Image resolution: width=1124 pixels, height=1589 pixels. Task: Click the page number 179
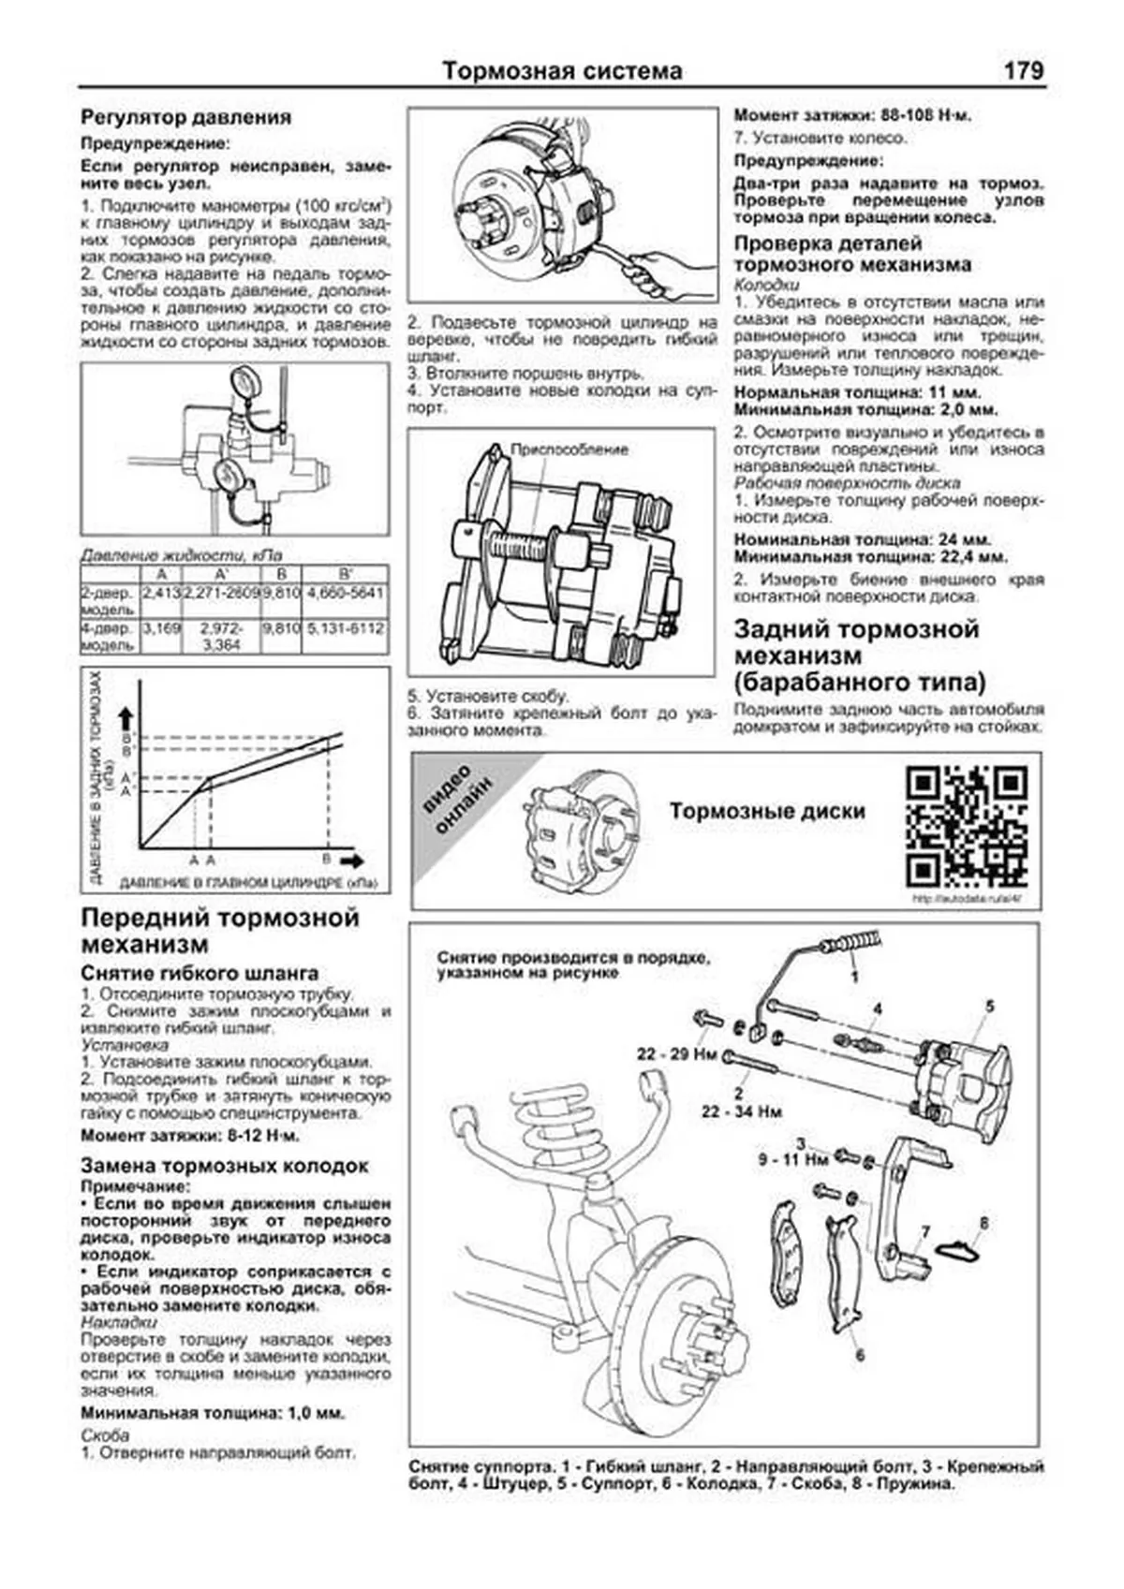[1023, 70]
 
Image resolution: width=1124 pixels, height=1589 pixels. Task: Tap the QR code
[967, 826]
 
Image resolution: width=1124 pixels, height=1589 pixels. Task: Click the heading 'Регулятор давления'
[185, 118]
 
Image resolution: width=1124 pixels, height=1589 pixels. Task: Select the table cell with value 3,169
[161, 628]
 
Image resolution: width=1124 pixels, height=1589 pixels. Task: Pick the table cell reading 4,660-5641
[345, 594]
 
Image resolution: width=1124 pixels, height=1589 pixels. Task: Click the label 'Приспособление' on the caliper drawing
[569, 449]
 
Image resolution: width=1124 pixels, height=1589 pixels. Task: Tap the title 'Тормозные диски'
[766, 812]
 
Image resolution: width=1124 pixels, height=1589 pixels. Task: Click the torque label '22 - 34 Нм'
[741, 1111]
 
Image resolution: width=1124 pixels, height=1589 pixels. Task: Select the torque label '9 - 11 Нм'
[792, 1159]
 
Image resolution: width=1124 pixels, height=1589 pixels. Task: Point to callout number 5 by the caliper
[989, 1007]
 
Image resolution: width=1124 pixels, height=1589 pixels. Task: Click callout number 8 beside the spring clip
[983, 1223]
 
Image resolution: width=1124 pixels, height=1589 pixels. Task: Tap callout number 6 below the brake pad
[860, 1355]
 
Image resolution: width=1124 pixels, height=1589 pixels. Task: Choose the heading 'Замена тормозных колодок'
[225, 1166]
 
